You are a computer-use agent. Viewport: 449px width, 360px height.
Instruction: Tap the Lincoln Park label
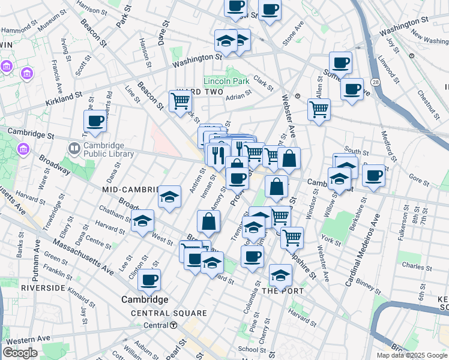point(226,81)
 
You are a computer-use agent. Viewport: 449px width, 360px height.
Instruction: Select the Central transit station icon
point(173,325)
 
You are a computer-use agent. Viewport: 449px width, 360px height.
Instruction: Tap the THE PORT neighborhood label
point(284,290)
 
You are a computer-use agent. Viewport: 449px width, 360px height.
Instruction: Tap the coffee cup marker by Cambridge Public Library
point(95,122)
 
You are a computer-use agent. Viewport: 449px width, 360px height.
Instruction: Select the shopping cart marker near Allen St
point(319,109)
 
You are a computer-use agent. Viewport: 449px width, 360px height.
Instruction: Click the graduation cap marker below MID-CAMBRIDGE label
point(170,196)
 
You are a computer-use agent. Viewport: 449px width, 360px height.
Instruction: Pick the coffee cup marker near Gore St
point(373,175)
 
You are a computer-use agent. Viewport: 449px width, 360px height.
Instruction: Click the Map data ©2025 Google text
point(412,355)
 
